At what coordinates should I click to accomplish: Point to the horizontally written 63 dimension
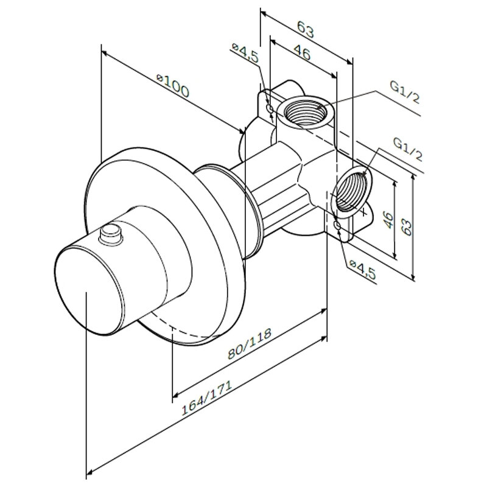[x=306, y=28]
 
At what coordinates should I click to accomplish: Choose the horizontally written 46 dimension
[x=302, y=53]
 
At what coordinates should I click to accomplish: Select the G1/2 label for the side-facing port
[x=407, y=150]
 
